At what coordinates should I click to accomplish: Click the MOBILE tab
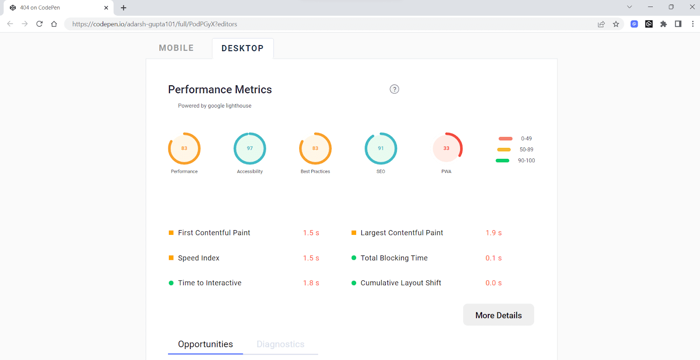pos(176,48)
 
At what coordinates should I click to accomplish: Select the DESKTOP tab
pos(242,49)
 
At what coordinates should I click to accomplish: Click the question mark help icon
pos(394,89)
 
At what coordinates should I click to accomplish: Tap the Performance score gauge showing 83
pos(184,148)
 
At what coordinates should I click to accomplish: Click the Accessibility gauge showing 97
pos(250,148)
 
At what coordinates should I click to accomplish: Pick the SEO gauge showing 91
pos(381,148)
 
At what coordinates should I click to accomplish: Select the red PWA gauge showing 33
pos(446,148)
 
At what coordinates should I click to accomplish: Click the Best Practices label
pos(315,171)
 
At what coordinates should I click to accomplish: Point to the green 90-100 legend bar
pos(502,161)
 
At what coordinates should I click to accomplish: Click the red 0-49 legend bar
pos(505,139)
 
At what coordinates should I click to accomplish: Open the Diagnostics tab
pos(280,344)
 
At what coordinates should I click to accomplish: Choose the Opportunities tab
pos(205,344)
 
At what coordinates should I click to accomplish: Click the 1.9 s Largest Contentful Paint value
pos(493,233)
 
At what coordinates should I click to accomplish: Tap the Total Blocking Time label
pos(394,258)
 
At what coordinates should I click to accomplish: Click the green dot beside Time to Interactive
pos(171,283)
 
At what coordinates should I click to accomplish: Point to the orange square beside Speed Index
pos(171,258)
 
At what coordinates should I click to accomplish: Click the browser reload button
pos(39,24)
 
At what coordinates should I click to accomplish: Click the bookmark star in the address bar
pos(616,24)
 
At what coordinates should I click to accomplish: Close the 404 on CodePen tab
pos(106,8)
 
